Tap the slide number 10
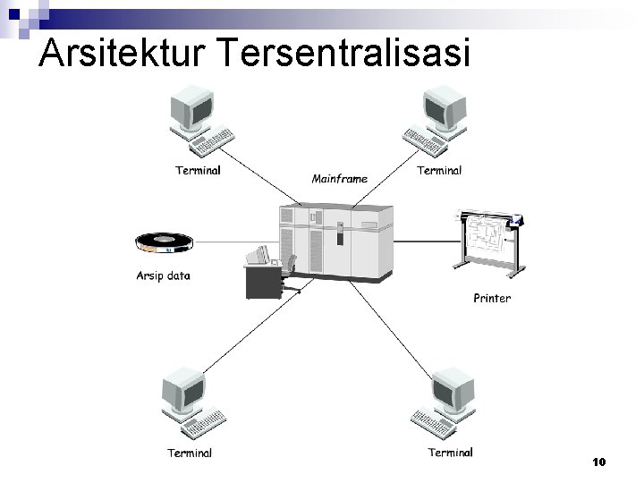coord(599,462)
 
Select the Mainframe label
coord(339,179)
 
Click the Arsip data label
coord(163,275)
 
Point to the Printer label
coord(492,298)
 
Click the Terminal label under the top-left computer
coord(198,170)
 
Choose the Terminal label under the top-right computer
coord(439,170)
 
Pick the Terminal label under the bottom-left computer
coord(190,453)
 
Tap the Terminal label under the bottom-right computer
coord(450,453)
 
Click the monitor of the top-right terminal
coord(445,109)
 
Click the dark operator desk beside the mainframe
coord(263,282)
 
